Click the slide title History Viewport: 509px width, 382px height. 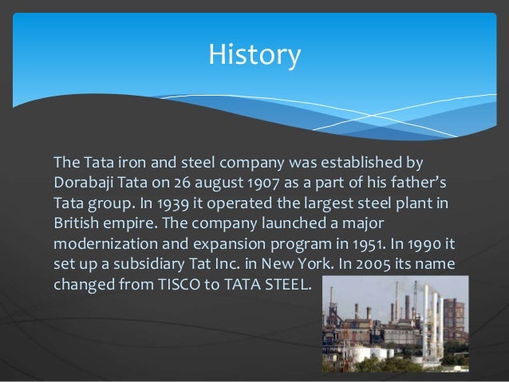click(254, 55)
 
